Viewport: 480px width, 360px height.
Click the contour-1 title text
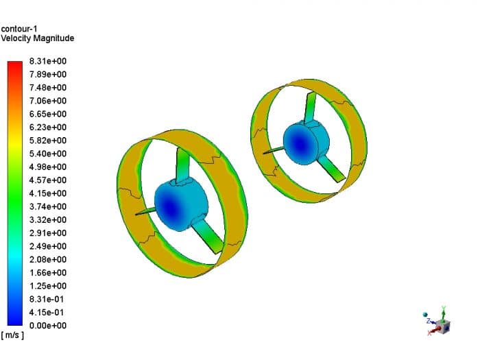pyautogui.click(x=19, y=29)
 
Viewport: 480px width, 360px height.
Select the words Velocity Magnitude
pyautogui.click(x=38, y=38)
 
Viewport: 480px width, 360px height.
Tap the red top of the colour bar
pyautogui.click(x=16, y=65)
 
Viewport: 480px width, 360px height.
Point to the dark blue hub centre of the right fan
pyautogui.click(x=299, y=143)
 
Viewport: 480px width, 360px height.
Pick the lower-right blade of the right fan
pyautogui.click(x=333, y=169)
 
